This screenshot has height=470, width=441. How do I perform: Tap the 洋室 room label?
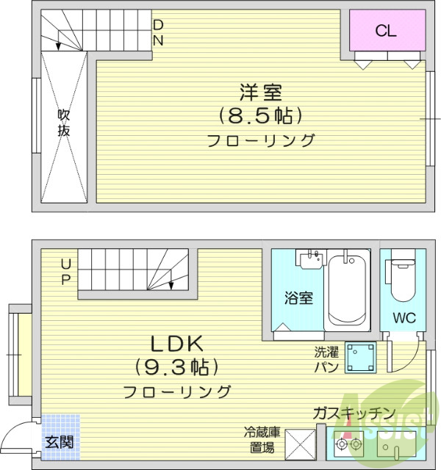pyautogui.click(x=260, y=93)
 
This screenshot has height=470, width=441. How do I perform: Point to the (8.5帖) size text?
pyautogui.click(x=260, y=115)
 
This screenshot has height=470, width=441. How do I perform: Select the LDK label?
pyautogui.click(x=176, y=344)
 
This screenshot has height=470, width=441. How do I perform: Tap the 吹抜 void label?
pyautogui.click(x=65, y=123)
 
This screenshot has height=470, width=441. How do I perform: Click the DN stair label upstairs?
pyautogui.click(x=158, y=33)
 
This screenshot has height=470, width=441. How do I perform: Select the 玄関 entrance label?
pyautogui.click(x=59, y=442)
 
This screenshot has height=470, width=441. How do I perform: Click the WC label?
pyautogui.click(x=404, y=319)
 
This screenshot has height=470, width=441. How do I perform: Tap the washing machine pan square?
pyautogui.click(x=361, y=358)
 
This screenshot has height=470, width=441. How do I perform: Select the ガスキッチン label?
pyautogui.click(x=354, y=413)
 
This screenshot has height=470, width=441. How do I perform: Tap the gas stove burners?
pyautogui.click(x=348, y=444)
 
